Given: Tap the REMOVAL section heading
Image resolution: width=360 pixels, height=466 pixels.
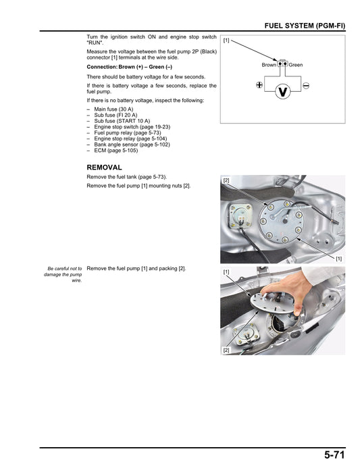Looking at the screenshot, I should click(x=104, y=167).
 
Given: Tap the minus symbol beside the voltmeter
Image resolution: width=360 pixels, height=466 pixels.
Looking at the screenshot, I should click(x=306, y=86).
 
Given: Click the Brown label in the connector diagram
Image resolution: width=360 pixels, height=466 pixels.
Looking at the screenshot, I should click(x=269, y=65).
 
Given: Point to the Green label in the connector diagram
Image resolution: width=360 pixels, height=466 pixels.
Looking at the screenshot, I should click(x=296, y=65).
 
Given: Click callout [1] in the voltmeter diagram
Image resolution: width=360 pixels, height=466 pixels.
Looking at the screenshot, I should click(x=226, y=41).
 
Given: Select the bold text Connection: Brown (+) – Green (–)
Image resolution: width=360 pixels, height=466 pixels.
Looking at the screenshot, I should click(x=130, y=68).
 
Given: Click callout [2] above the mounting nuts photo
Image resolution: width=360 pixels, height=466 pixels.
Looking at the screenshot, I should click(x=226, y=180).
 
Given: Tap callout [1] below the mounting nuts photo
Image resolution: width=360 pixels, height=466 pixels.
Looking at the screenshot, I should click(x=338, y=259).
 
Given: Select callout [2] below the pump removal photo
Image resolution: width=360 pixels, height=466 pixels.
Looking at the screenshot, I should click(x=226, y=351).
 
